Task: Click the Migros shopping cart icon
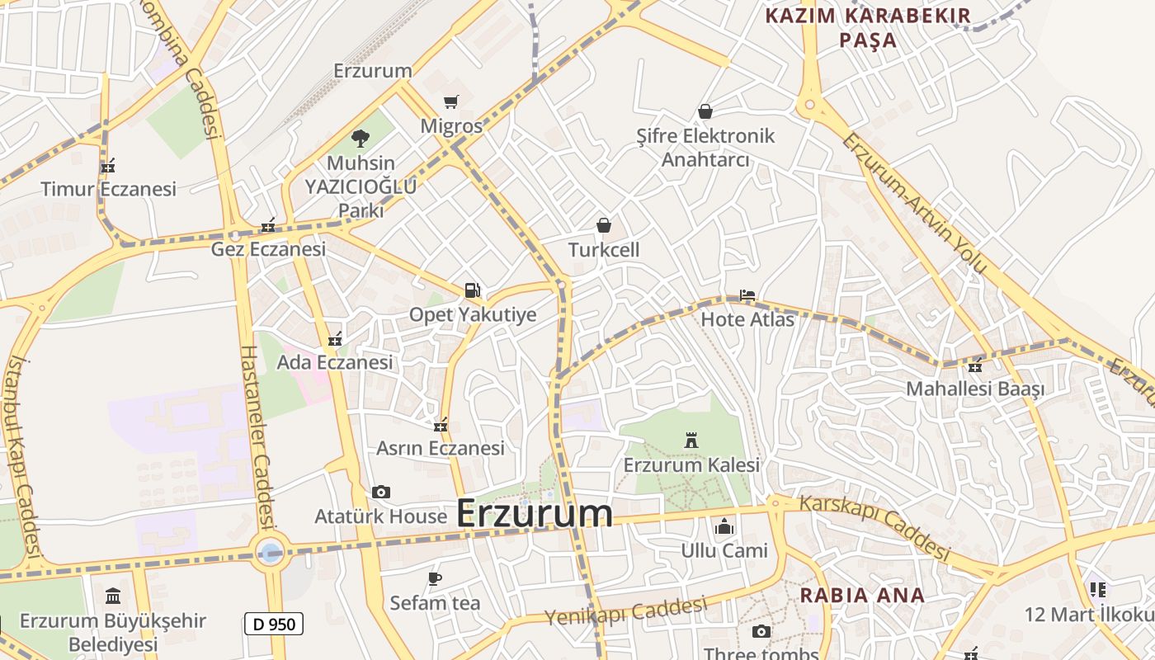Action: [450, 101]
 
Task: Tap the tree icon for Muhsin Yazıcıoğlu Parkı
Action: [360, 138]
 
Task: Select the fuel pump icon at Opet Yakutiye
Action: [472, 290]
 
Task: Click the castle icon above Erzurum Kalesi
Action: [691, 441]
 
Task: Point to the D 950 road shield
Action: [274, 624]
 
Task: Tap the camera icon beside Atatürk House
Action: [380, 492]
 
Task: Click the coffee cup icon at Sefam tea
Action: [435, 578]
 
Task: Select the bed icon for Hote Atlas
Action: [747, 295]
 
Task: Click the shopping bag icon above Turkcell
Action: [604, 224]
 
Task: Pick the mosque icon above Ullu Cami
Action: [724, 526]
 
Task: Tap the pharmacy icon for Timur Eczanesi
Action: [108, 166]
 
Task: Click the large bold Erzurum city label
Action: [534, 513]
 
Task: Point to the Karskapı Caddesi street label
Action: [874, 527]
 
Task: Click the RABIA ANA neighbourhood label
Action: [862, 595]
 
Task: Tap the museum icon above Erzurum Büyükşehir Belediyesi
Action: [113, 596]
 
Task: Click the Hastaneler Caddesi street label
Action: [257, 437]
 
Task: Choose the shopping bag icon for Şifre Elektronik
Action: [705, 111]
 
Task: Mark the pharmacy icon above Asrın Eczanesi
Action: [441, 425]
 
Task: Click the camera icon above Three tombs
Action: [761, 632]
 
